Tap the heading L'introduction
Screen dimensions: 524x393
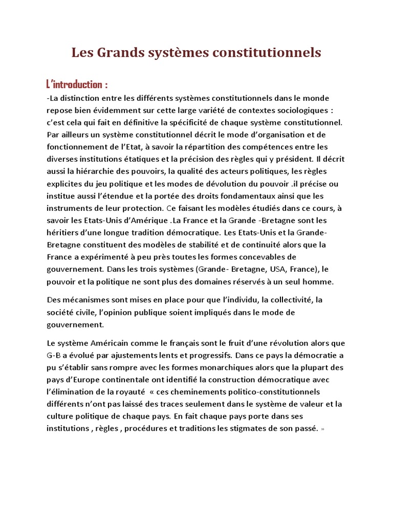[x=77, y=84]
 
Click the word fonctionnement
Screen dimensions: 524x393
[x=77, y=147]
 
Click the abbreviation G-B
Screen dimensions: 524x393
[x=54, y=355]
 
